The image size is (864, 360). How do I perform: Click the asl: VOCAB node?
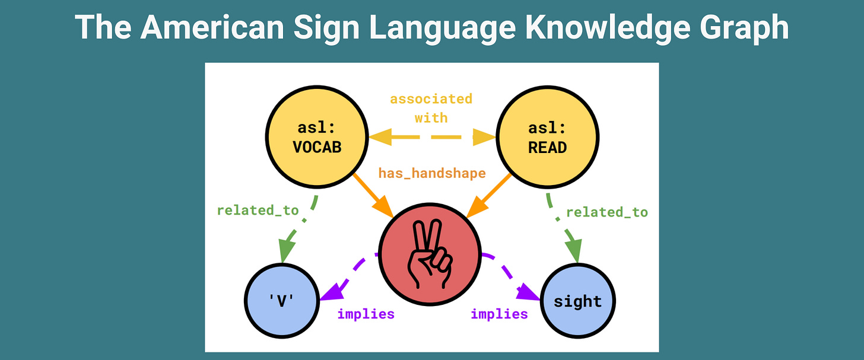coord(317,138)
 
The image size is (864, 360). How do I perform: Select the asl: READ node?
coord(547,138)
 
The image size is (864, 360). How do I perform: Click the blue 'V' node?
coord(282,301)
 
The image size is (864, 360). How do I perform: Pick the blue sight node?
coord(577,301)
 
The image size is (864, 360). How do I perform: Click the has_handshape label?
coord(432,173)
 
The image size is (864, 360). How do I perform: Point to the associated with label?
coord(431,108)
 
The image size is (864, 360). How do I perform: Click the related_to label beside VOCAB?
coord(258,210)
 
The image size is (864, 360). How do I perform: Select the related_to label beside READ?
coord(607,212)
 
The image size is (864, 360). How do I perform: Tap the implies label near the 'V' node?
coord(366,314)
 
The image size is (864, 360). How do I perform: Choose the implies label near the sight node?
coord(499,314)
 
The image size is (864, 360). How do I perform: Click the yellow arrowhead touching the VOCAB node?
coord(380,138)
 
